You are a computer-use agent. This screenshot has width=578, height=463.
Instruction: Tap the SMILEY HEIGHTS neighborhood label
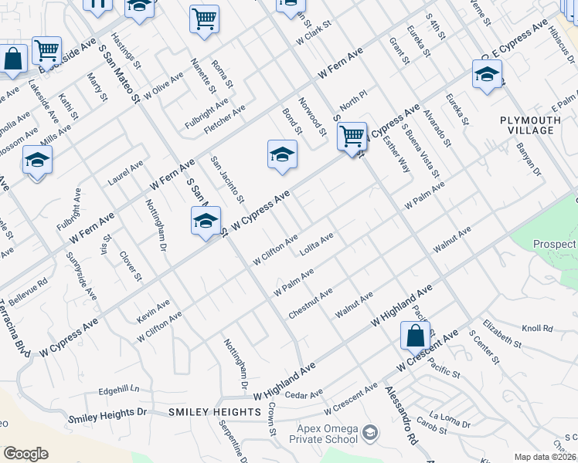tap(215, 412)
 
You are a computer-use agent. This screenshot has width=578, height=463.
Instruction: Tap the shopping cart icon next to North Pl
tap(352, 137)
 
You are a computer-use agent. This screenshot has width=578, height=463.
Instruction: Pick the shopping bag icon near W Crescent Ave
tap(415, 337)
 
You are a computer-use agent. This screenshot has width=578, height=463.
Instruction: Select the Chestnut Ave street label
tap(310, 303)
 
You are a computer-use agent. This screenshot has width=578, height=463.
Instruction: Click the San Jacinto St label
tap(228, 182)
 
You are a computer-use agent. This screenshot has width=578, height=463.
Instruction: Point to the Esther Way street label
tap(400, 151)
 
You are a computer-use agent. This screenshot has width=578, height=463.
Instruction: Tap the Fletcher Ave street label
tap(224, 118)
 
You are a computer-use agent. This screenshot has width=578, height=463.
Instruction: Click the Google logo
tap(25, 454)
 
